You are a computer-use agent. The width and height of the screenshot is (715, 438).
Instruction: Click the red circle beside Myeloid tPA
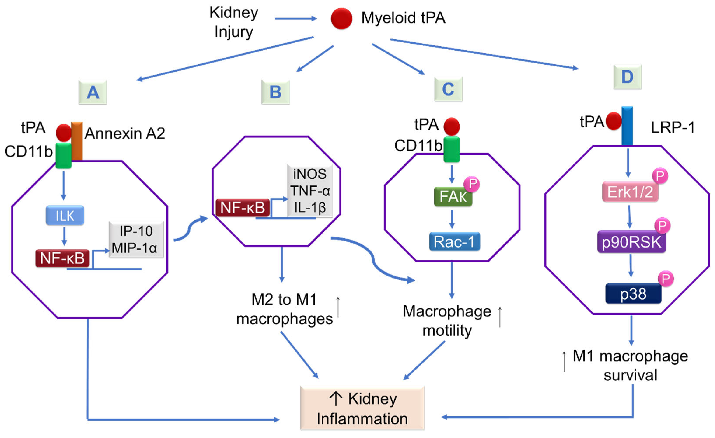[x=342, y=19]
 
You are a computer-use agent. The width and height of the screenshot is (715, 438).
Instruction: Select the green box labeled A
[x=93, y=92]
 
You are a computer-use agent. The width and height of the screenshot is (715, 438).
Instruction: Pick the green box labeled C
[x=448, y=89]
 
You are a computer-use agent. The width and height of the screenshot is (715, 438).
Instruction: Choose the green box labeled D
[x=627, y=77]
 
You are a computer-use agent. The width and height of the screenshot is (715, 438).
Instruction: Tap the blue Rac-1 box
[x=455, y=241]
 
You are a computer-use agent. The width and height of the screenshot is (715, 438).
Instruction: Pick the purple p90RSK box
[x=631, y=242]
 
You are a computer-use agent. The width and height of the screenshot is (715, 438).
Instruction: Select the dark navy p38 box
[x=633, y=293]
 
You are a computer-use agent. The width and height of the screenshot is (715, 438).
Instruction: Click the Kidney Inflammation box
[x=362, y=408]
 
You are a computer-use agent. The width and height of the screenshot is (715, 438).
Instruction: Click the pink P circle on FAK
[x=472, y=184]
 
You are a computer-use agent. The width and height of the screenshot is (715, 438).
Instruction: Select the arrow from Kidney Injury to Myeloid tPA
[x=296, y=19]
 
